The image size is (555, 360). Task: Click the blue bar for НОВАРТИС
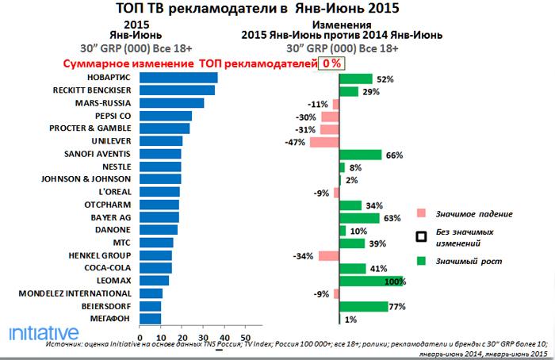point(178,78)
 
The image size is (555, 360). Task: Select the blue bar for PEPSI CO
point(166,116)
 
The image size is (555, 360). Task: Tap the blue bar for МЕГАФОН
point(151,319)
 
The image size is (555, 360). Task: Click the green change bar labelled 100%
point(371,281)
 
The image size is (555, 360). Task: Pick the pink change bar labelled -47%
point(324,141)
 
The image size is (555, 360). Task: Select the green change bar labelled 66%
point(361,154)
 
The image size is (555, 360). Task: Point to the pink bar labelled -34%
point(328,255)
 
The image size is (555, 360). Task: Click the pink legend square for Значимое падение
point(422,213)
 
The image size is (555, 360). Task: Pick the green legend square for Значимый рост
point(422,259)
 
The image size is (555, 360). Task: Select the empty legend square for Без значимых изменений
point(422,236)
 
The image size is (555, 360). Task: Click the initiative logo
point(44,331)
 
